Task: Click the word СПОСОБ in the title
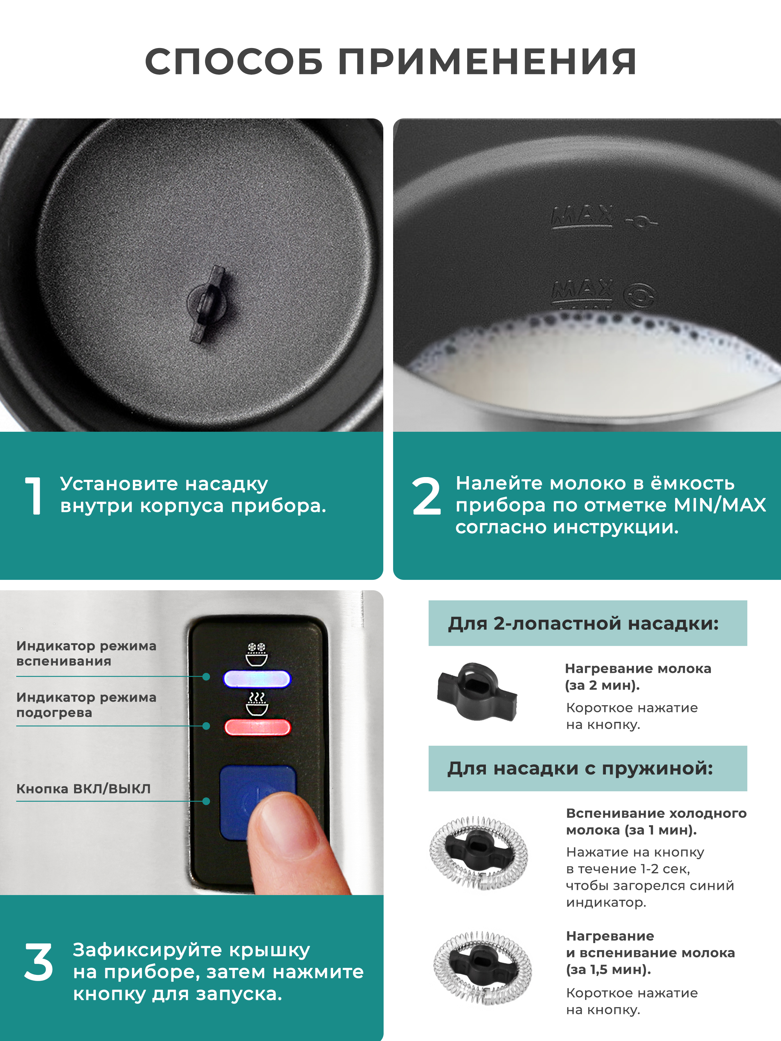click(x=234, y=62)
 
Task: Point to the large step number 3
click(x=39, y=962)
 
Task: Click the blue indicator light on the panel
click(x=257, y=679)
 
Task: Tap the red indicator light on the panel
click(x=257, y=727)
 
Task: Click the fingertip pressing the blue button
click(x=283, y=819)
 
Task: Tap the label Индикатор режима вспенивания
click(x=86, y=653)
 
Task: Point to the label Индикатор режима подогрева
click(x=86, y=704)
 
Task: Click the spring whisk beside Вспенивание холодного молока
click(x=478, y=853)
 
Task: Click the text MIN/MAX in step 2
click(x=720, y=505)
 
